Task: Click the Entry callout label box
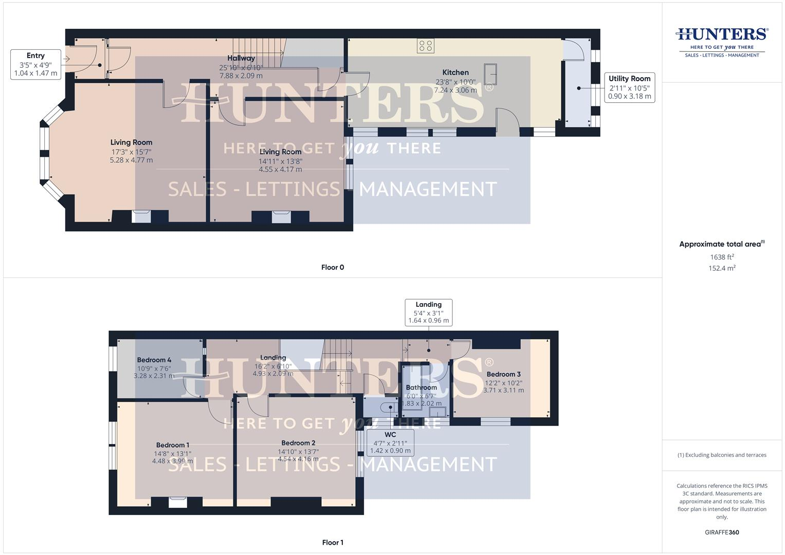tap(35, 64)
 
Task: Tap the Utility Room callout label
tap(629, 87)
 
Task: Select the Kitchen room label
tap(455, 72)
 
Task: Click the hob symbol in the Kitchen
tap(426, 46)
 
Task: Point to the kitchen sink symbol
tap(490, 75)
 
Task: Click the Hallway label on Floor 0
tap(241, 59)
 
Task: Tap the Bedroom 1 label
tap(173, 445)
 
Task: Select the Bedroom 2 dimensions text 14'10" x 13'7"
tap(298, 452)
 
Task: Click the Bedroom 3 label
tap(503, 374)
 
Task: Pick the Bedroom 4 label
tap(154, 360)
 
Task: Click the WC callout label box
tap(390, 442)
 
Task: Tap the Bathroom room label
tap(421, 387)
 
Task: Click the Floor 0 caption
tap(332, 267)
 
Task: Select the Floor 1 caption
tap(332, 542)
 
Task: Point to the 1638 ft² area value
tap(722, 257)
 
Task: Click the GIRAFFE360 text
tap(722, 532)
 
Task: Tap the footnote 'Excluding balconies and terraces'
tap(722, 455)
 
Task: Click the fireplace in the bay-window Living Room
tap(141, 216)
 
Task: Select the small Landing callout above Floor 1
tap(428, 312)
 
